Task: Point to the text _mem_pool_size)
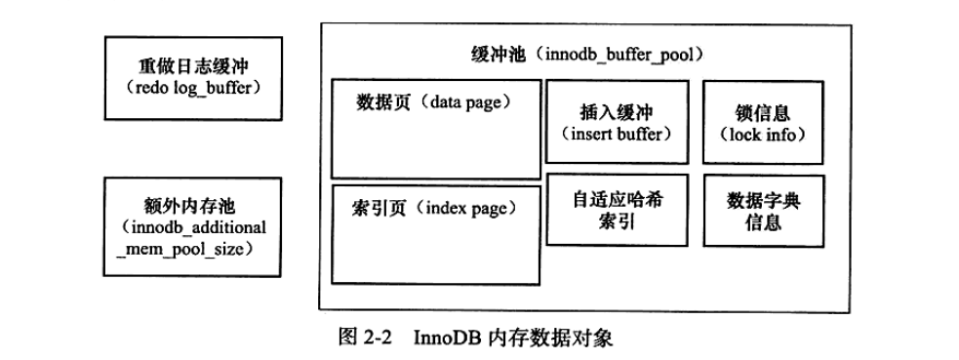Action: (x=189, y=249)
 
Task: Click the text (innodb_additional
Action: (x=189, y=228)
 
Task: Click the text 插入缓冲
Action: (x=612, y=112)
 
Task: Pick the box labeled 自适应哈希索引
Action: (x=612, y=211)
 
